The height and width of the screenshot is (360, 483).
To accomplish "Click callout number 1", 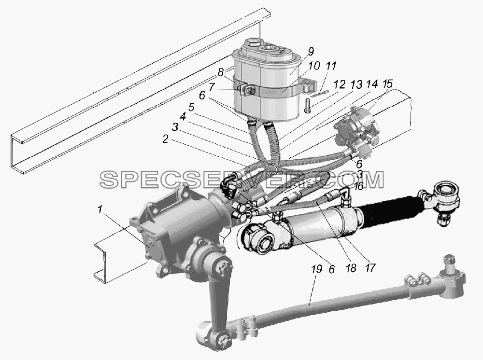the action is (99, 210).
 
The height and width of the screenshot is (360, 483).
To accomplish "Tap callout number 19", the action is (317, 269).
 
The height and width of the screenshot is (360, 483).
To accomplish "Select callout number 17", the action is (370, 268).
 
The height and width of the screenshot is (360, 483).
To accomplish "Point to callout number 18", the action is (351, 268).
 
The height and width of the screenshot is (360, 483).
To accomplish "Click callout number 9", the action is (311, 52).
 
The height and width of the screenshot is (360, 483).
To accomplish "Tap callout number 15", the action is (387, 84).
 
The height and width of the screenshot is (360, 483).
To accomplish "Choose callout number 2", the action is (165, 139).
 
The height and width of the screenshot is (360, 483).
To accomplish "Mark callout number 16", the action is (358, 186).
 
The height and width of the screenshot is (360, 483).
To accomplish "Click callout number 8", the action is (220, 72).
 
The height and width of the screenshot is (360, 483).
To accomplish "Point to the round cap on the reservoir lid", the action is (253, 42).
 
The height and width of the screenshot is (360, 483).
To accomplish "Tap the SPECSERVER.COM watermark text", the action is (242, 179).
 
